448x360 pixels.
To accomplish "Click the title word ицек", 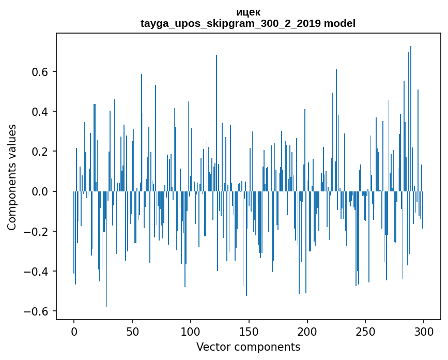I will coord(248,12).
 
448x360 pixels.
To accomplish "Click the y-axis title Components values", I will coord(12,177).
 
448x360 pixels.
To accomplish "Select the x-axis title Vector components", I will coord(248,347).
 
